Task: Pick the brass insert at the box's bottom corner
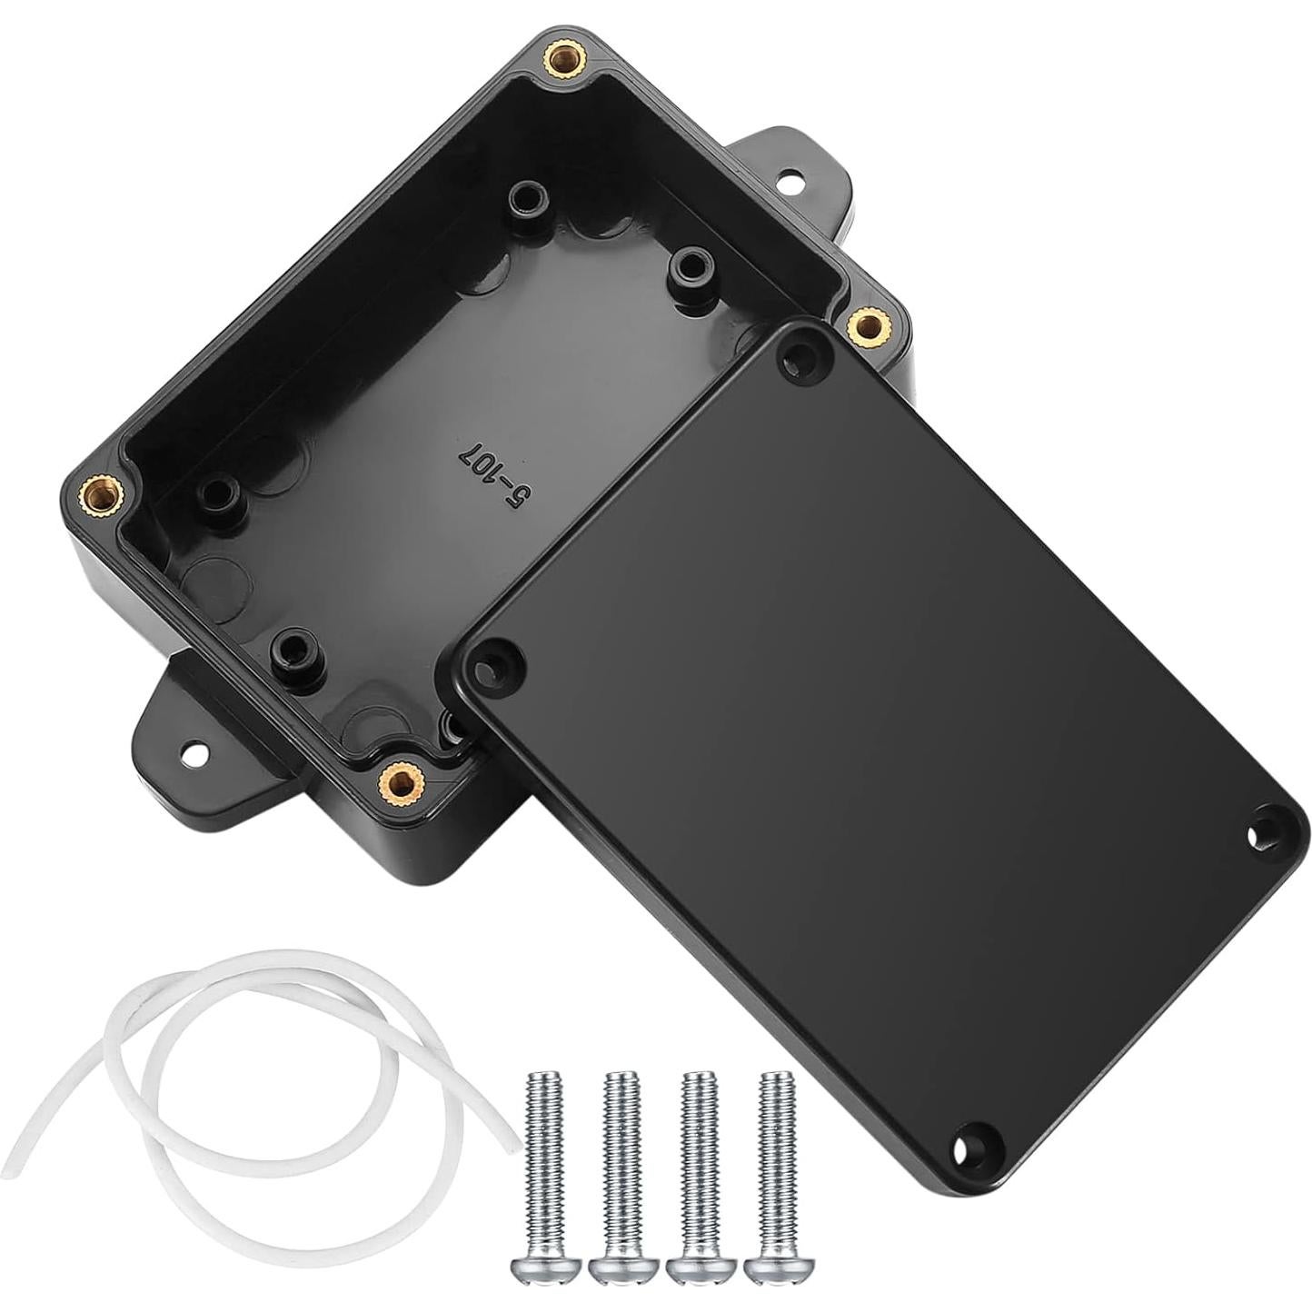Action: pyautogui.click(x=397, y=779)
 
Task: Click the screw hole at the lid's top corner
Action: pyautogui.click(x=801, y=353)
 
